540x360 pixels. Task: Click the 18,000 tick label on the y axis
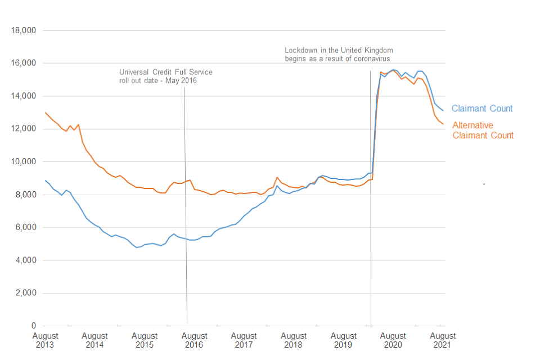point(24,30)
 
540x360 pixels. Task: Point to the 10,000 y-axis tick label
point(24,162)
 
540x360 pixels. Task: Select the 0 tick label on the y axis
point(33,326)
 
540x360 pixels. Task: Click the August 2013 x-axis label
point(45,340)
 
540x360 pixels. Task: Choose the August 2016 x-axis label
point(194,340)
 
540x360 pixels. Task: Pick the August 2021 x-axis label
point(442,340)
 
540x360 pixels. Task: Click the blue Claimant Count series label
point(482,109)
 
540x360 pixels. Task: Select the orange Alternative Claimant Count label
point(483,130)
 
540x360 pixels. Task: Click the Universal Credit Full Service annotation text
point(166,76)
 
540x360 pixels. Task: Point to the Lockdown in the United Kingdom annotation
point(339,54)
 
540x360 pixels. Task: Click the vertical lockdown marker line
point(371,253)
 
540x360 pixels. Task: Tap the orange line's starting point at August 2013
point(45,112)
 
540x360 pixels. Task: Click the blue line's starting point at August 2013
point(45,180)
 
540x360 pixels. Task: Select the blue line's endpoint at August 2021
point(443,110)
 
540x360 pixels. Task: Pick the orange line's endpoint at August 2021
point(443,124)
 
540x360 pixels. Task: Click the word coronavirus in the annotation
point(370,58)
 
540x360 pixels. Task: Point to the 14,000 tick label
point(24,96)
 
